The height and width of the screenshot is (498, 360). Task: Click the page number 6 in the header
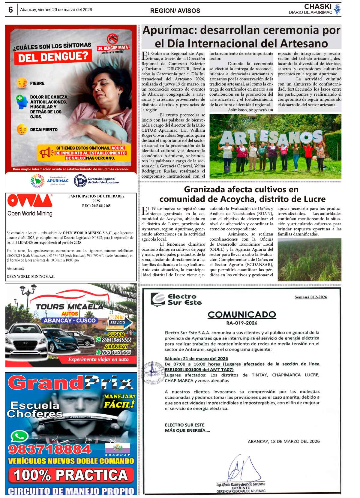[x=10, y=10]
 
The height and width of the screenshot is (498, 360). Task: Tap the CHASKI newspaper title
[x=317, y=7]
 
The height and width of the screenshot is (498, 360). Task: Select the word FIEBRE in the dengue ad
[x=37, y=83]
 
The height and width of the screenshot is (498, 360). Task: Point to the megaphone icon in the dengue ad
[x=46, y=153]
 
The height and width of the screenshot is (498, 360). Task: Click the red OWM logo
[x=30, y=201]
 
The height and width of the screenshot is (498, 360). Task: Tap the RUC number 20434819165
[x=96, y=206]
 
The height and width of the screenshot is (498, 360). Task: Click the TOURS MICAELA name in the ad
[x=70, y=306]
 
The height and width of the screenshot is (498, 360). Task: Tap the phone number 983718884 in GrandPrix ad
[x=50, y=449]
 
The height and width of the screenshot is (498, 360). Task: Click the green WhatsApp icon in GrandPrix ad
[x=19, y=436]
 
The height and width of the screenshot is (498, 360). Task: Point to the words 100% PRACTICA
[x=71, y=475]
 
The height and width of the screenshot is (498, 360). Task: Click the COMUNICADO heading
[x=242, y=314]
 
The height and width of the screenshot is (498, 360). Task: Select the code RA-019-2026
[x=242, y=323]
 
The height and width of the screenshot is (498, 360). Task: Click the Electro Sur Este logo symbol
[x=158, y=299]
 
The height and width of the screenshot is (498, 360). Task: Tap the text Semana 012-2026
[x=310, y=297]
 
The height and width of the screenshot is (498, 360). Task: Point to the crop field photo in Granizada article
[x=309, y=259]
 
